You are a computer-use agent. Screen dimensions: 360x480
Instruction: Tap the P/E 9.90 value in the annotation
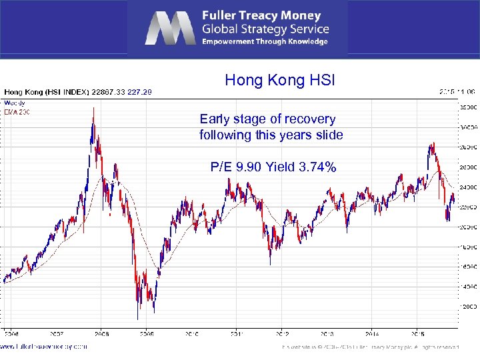pyautogui.click(x=238, y=167)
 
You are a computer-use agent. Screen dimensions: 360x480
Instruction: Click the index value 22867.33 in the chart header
pyautogui.click(x=107, y=92)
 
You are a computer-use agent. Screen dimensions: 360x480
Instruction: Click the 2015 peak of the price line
pyautogui.click(x=433, y=143)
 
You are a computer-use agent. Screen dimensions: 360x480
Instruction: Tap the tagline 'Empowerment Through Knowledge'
pyautogui.click(x=265, y=41)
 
